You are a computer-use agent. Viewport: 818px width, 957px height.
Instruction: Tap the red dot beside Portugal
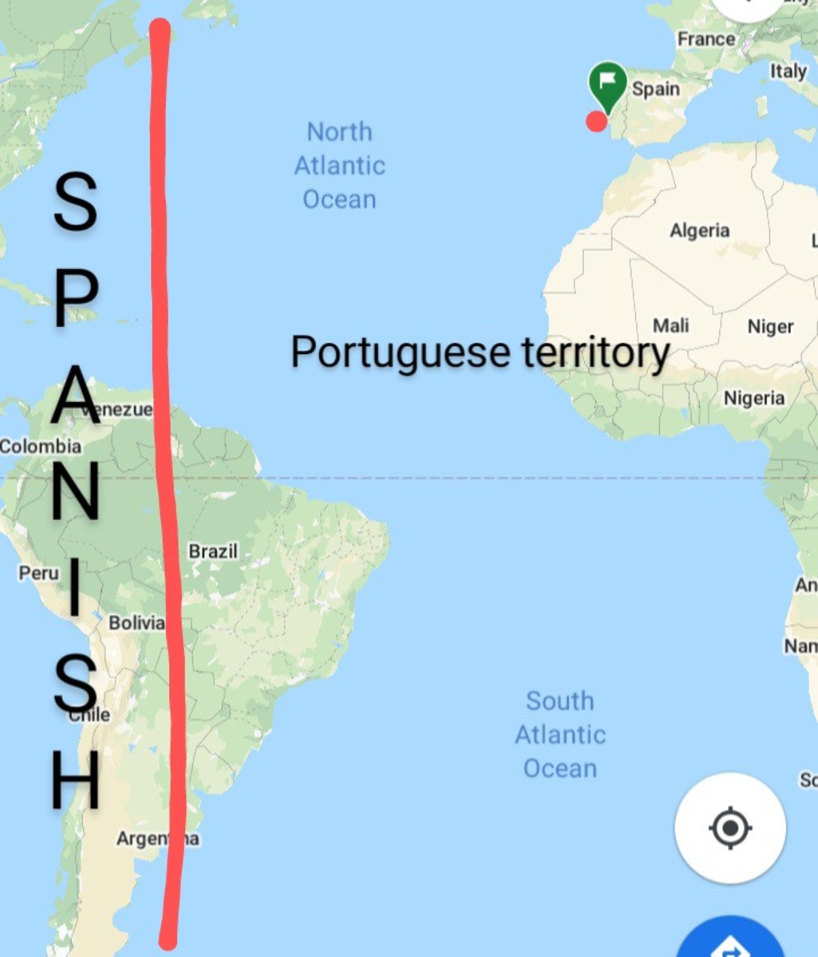click(596, 121)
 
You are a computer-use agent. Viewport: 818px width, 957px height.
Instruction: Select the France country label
click(706, 38)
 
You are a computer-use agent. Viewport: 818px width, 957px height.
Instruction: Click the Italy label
click(788, 71)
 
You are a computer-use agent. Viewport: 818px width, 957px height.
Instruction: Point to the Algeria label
click(699, 230)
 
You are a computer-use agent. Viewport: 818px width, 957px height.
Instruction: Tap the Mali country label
click(670, 325)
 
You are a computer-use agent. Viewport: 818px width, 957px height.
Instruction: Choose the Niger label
click(770, 326)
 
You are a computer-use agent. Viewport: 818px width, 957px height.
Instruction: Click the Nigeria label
click(754, 397)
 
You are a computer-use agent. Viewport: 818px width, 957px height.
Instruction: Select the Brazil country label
click(213, 551)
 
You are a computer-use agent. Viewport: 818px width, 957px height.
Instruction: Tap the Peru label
click(38, 573)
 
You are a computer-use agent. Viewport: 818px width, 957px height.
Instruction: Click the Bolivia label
click(136, 623)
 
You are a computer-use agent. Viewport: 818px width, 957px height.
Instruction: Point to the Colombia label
click(40, 447)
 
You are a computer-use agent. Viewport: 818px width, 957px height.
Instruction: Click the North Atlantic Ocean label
click(339, 165)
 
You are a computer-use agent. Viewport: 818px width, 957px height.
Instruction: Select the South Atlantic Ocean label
click(559, 734)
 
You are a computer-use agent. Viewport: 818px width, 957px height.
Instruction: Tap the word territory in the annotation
click(595, 352)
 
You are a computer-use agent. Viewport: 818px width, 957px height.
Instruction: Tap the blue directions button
click(731, 941)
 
